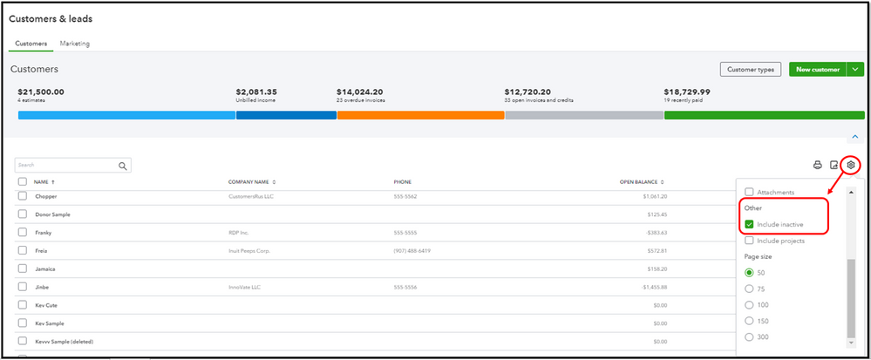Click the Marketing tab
point(74,44)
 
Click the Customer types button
point(750,70)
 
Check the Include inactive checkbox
point(749,225)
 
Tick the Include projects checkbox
point(749,241)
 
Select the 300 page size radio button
point(749,336)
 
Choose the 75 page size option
point(749,289)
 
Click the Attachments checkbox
point(749,192)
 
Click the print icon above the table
point(818,165)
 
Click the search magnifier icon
point(123,166)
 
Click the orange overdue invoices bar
point(420,115)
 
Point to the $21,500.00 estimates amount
point(41,92)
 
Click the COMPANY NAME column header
point(252,182)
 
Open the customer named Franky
point(44,233)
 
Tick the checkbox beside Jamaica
point(23,268)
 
